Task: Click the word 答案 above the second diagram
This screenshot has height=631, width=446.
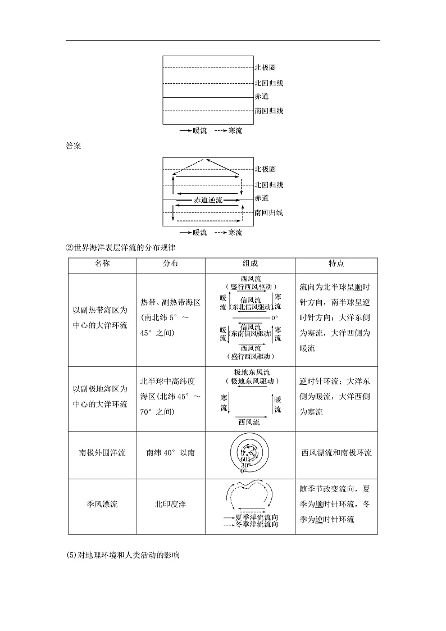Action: pos(73,147)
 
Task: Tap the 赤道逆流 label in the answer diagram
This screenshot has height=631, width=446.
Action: pos(208,199)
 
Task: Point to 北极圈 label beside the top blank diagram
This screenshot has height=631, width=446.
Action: pos(265,69)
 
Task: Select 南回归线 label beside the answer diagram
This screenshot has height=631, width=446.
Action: pos(268,212)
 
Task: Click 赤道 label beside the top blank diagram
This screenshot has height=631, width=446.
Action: pos(261,97)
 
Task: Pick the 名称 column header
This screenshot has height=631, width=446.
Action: pos(102,263)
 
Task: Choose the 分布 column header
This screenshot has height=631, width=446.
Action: pos(170,263)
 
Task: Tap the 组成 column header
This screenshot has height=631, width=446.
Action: pos(250,263)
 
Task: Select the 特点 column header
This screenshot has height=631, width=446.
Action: pos(336,263)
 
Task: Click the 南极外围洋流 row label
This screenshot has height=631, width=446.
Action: pos(102,452)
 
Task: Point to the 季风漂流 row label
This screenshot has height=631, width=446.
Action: pos(102,504)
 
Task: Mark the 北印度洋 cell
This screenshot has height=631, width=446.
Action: pos(170,504)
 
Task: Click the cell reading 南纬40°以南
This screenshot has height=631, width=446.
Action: pos(170,452)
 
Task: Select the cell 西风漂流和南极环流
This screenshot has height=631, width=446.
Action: pos(336,452)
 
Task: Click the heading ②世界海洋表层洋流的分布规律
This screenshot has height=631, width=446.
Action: pos(122,247)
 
